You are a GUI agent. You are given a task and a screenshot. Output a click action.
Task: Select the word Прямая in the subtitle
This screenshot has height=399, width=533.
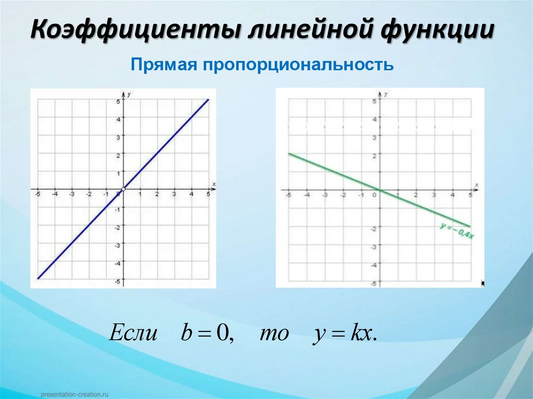(159, 66)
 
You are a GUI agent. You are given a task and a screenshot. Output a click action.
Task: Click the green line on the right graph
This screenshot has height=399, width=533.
(333, 171)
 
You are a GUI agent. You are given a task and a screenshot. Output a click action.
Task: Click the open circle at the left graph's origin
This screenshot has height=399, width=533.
(123, 188)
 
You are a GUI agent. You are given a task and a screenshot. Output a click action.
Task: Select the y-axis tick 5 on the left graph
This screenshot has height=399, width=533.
(118, 101)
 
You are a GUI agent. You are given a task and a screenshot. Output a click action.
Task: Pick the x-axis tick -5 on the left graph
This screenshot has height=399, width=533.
(37, 195)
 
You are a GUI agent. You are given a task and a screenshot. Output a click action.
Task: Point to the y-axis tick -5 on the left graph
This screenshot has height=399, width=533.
(117, 281)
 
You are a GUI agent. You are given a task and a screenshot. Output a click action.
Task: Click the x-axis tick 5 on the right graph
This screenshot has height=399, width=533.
(471, 195)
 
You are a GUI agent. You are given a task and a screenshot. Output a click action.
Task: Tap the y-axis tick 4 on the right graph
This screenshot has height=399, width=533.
(374, 119)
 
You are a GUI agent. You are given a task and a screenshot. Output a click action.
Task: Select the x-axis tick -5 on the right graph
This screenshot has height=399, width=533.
(287, 195)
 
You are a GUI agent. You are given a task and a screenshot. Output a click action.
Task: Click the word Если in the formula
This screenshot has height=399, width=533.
(133, 333)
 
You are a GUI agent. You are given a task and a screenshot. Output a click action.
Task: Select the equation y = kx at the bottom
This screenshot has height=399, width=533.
(344, 333)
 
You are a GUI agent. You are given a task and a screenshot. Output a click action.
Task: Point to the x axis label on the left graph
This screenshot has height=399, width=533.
(213, 184)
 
